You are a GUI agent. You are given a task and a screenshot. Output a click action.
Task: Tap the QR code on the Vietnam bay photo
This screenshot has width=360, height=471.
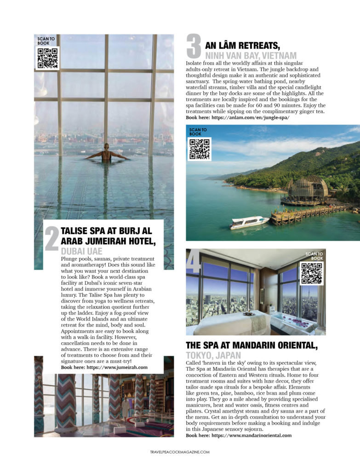point(199,149)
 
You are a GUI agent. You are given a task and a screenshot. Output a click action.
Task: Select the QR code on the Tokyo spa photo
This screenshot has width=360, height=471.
point(312,273)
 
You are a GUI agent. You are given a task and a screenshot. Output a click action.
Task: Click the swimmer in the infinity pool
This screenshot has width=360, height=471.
point(107,152)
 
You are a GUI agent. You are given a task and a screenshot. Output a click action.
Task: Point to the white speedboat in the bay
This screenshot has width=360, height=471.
point(249,222)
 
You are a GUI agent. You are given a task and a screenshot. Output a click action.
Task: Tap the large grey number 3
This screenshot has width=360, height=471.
point(194,47)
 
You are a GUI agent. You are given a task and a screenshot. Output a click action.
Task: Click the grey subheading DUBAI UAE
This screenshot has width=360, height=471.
point(81,252)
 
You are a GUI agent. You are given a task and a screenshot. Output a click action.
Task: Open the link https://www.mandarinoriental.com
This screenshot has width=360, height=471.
point(251,435)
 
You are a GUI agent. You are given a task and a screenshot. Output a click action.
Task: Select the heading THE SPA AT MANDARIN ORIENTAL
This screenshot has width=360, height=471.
point(252,345)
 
